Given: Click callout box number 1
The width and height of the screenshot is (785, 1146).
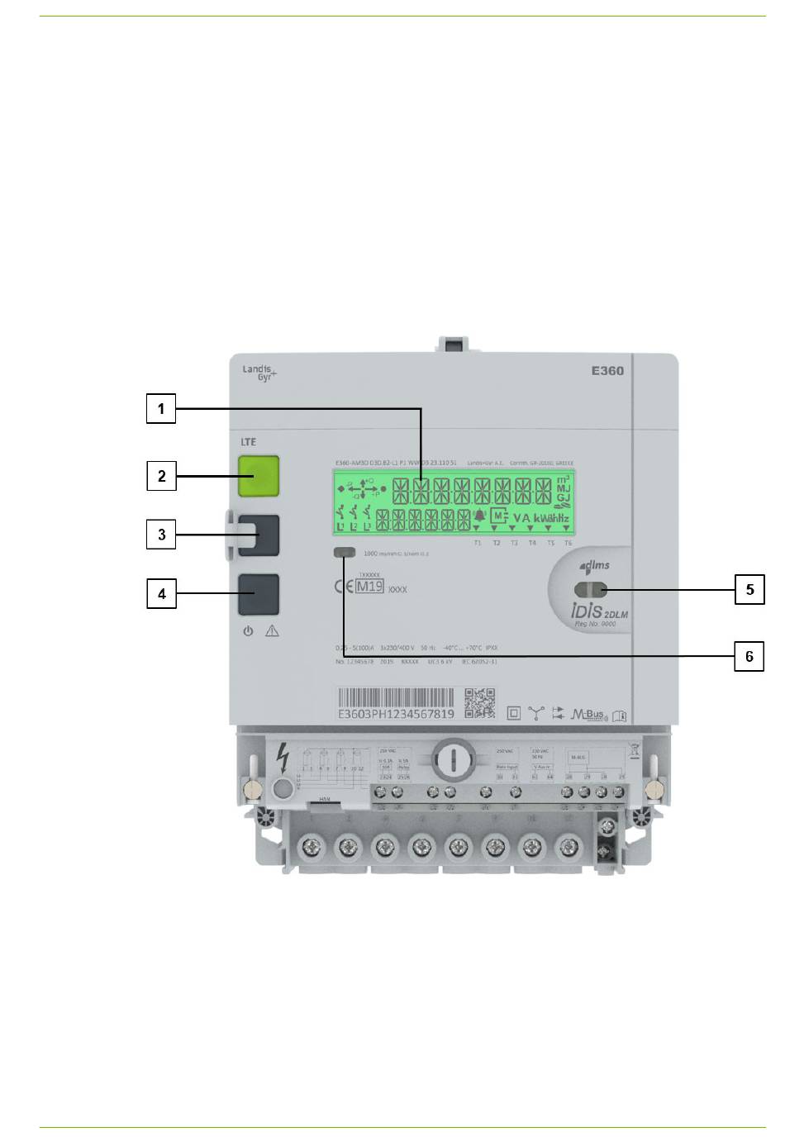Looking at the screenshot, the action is click(161, 409).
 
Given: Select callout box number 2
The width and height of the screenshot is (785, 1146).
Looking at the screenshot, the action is click(161, 476).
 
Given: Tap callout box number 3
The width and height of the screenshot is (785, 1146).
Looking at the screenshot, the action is click(161, 535).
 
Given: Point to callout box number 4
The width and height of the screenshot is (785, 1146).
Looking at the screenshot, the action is click(161, 594).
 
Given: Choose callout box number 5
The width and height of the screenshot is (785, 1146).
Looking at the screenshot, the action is click(749, 590).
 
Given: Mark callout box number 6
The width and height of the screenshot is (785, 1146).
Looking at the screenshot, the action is click(749, 657).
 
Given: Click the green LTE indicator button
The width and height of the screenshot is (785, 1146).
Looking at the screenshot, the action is click(259, 476).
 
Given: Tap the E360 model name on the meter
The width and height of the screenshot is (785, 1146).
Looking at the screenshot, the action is click(607, 371).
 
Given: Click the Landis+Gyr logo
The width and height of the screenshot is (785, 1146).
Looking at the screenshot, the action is click(259, 373).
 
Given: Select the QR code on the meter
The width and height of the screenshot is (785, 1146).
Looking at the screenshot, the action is click(479, 703).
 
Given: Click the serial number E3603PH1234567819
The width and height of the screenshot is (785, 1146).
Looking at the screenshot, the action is click(396, 714).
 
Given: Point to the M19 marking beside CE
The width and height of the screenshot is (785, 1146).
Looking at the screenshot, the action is click(369, 587).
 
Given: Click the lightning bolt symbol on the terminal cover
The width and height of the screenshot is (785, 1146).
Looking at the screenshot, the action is click(283, 758).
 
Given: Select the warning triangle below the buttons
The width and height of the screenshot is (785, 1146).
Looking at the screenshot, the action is click(272, 631).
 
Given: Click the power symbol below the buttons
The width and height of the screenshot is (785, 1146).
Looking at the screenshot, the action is click(248, 631).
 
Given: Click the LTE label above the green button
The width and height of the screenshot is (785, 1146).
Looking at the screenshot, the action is click(249, 442).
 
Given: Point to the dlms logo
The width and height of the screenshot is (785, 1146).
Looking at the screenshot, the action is click(595, 565).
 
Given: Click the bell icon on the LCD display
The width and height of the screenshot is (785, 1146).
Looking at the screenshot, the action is click(479, 516).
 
